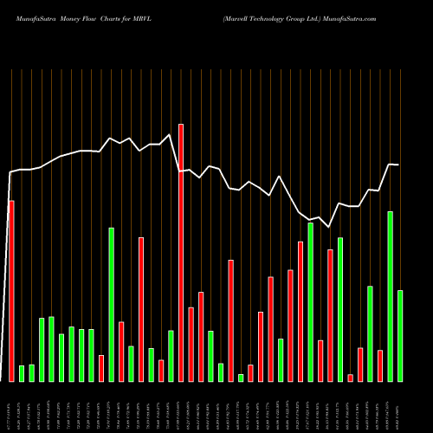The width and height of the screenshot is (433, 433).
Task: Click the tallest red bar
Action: point(181,252)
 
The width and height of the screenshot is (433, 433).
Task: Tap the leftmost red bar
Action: point(11,290)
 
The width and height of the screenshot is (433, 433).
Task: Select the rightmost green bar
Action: point(400,335)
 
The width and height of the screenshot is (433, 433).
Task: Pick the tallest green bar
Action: point(390,296)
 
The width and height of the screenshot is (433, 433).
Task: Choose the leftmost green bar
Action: point(22,373)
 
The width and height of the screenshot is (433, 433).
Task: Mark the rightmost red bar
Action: point(380,365)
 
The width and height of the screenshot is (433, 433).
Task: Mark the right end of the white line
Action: point(398,165)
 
